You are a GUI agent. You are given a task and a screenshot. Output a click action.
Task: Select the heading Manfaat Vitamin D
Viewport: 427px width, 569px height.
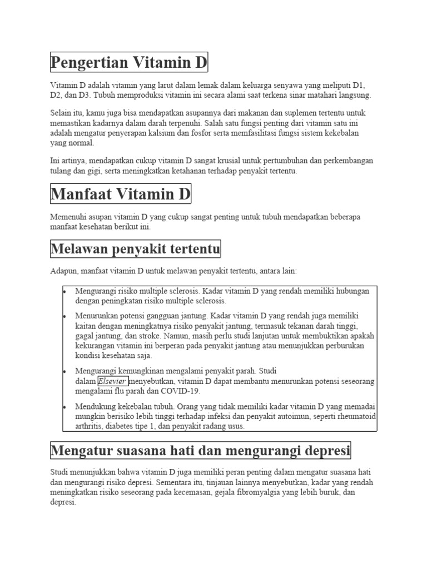tap(121, 194)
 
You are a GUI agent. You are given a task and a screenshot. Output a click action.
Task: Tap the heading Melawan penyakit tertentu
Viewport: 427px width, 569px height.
tap(135, 248)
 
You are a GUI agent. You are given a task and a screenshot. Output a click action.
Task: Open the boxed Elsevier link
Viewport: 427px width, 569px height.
tap(112, 381)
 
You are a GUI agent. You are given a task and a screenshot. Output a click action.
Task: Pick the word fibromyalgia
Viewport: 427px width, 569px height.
tap(285, 492)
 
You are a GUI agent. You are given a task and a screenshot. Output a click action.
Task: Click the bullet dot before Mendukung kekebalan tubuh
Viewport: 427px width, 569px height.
tap(65, 406)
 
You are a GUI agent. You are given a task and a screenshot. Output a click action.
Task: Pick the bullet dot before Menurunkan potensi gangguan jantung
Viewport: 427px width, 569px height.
tap(65, 316)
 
